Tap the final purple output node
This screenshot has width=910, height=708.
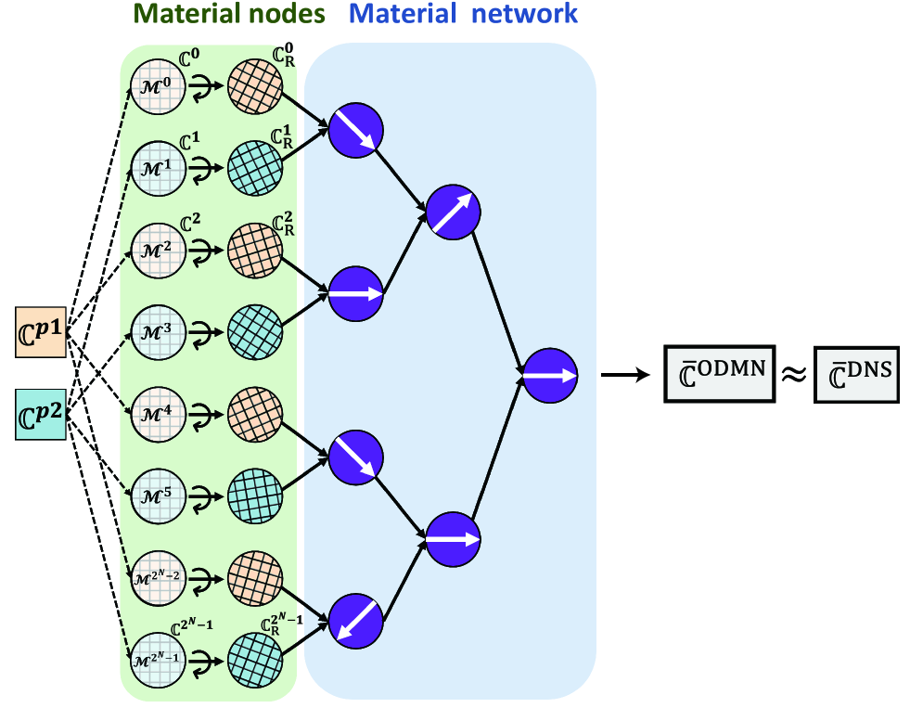tap(550, 376)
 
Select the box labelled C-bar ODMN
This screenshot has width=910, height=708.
tap(719, 374)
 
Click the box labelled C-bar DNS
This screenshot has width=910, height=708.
tap(857, 374)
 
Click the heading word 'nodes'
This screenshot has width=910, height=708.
tap(288, 15)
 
